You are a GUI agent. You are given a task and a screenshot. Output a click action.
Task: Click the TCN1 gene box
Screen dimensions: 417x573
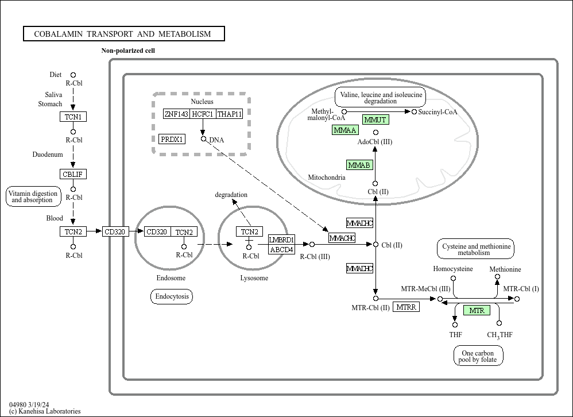[73, 117]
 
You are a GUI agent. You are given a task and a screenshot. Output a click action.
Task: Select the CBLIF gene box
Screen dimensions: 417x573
[73, 174]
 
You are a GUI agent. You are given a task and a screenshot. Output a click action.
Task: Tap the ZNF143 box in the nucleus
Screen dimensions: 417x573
[176, 114]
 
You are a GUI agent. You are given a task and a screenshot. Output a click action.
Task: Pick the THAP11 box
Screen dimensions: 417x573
[230, 114]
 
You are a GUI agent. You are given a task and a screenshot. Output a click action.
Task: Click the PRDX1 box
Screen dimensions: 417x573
[172, 139]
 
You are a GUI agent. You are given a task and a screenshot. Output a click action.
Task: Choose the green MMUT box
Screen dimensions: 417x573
[375, 119]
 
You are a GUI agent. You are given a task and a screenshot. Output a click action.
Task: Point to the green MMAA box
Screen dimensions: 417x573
[345, 130]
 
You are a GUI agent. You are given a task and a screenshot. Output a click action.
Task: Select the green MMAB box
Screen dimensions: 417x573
[359, 165]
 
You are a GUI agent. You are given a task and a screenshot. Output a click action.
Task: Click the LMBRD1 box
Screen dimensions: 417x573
[281, 240]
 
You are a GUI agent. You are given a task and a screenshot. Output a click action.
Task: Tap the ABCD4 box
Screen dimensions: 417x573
[281, 250]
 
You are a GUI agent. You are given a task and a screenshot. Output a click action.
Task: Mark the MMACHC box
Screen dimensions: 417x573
[342, 238]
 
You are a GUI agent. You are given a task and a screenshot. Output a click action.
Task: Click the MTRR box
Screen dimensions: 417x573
[406, 307]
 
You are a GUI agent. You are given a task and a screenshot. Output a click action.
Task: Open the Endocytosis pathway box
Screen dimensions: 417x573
[172, 296]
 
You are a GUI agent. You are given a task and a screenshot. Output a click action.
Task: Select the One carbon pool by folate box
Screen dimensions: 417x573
[478, 357]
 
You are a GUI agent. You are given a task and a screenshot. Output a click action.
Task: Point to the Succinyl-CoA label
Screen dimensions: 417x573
[438, 112]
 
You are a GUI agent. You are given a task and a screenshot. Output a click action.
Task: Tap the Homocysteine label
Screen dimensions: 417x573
[453, 269]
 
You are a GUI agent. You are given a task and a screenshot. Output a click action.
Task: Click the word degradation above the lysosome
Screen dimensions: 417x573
[231, 195]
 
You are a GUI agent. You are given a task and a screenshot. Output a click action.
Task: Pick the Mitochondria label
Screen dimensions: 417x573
[327, 177]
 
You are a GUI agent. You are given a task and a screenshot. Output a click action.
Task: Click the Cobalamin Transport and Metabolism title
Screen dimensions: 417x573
[123, 34]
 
